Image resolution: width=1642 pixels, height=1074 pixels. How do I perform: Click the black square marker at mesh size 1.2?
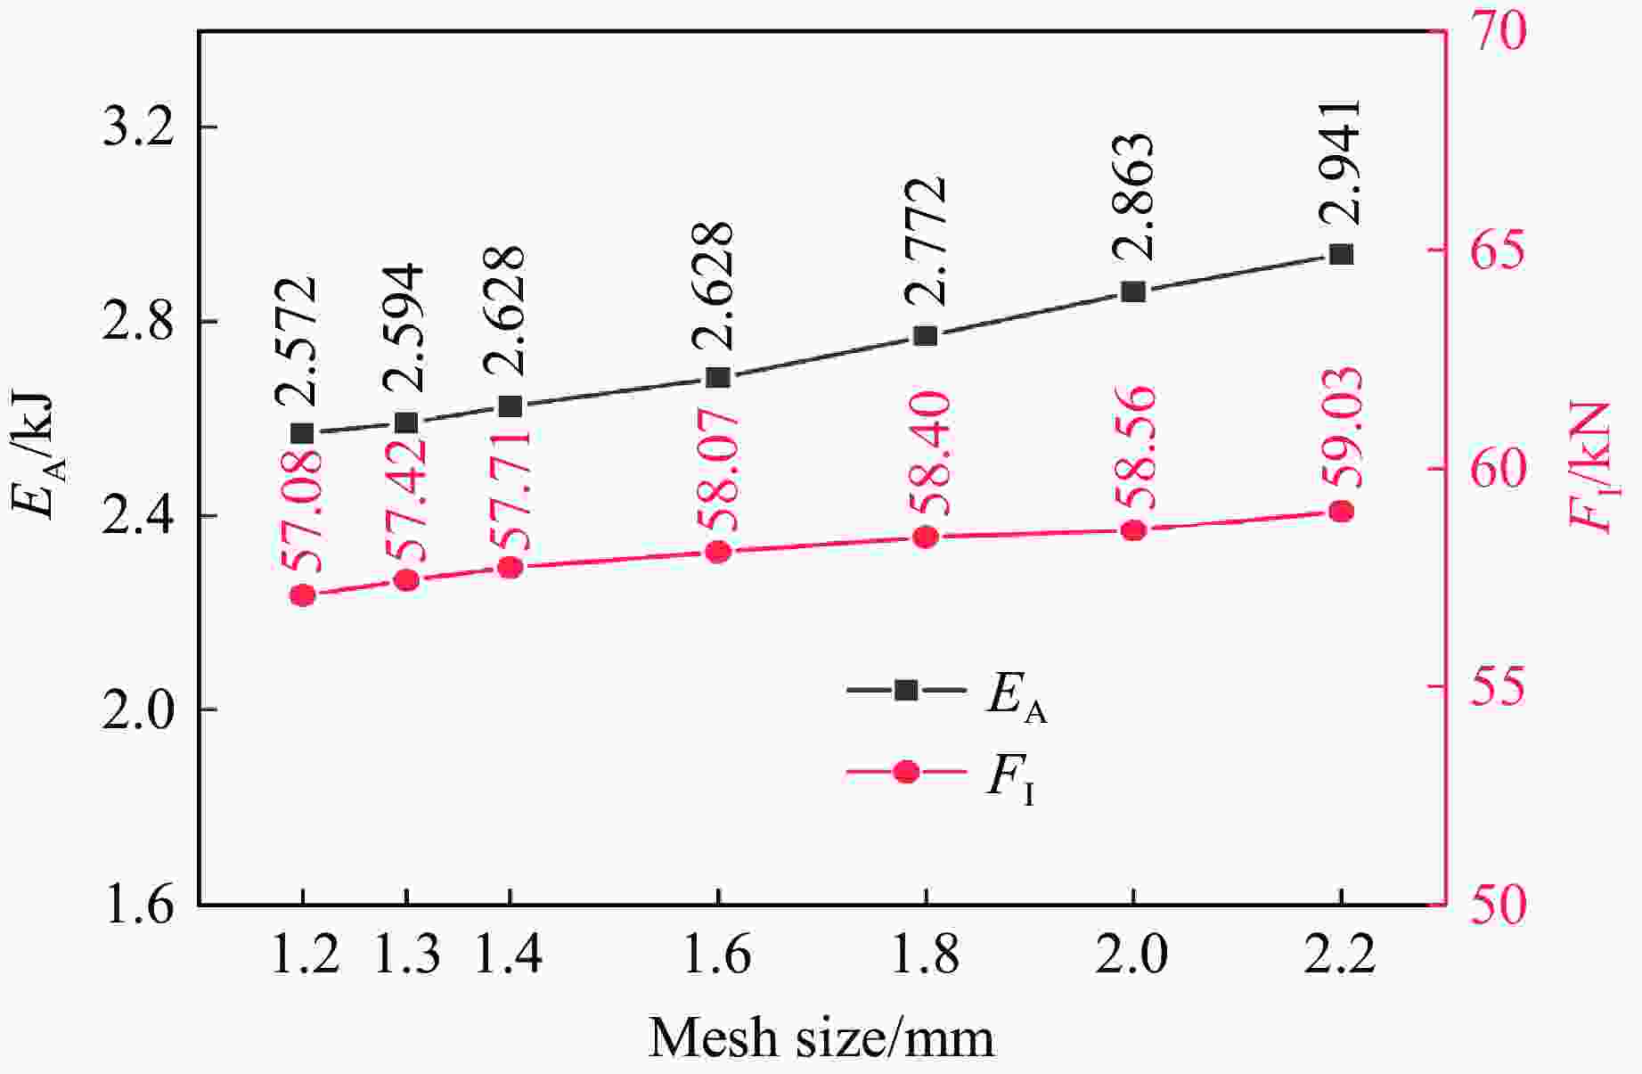pyautogui.click(x=302, y=434)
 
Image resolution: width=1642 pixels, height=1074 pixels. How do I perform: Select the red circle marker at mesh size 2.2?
pyautogui.click(x=1341, y=512)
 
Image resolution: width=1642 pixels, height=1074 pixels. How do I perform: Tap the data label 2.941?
pyautogui.click(x=1340, y=162)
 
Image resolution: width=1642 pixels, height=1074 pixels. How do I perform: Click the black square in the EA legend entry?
pyautogui.click(x=906, y=690)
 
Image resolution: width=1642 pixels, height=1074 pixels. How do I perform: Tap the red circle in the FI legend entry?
pyautogui.click(x=906, y=772)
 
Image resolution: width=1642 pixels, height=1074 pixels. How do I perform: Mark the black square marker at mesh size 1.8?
pyautogui.click(x=925, y=336)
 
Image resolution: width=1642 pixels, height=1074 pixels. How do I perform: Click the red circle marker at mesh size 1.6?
pyautogui.click(x=718, y=553)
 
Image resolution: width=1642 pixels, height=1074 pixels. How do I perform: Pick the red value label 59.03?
pyautogui.click(x=1342, y=428)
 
